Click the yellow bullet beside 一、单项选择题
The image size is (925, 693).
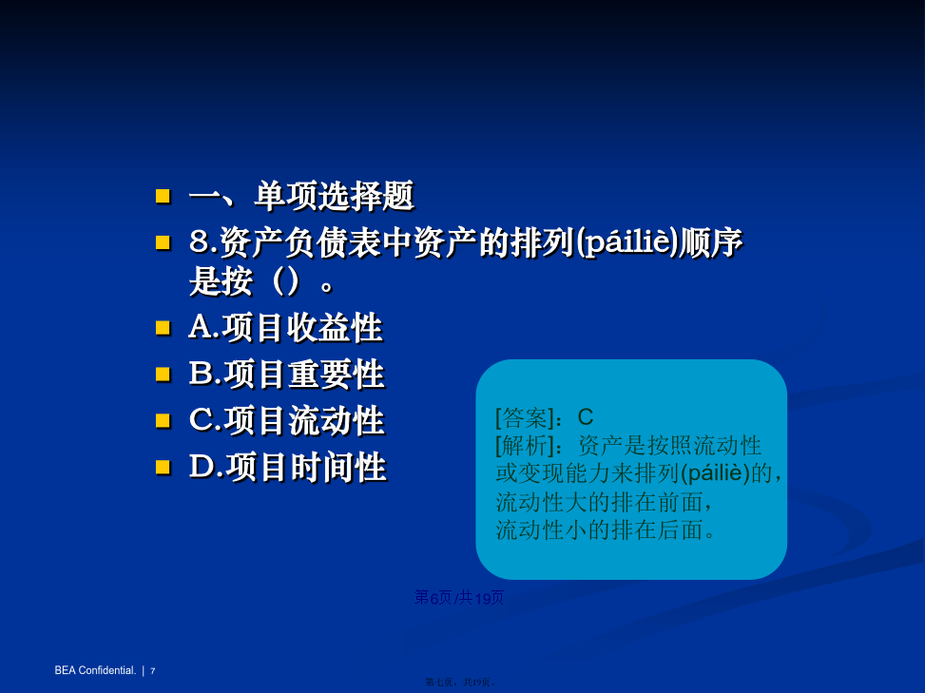coord(163,196)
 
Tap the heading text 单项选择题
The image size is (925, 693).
coord(335,196)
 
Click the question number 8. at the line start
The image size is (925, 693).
coord(202,241)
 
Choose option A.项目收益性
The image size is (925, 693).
coord(285,328)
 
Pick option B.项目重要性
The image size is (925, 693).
coord(287,374)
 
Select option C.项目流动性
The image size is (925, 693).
coord(287,420)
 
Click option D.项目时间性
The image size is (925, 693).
coord(288,467)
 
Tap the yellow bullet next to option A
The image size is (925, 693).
coord(163,328)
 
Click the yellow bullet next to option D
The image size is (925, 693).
coord(163,467)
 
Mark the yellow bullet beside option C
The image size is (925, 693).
coord(163,420)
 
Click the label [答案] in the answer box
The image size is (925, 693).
coord(525,417)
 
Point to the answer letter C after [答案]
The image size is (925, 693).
coord(586,417)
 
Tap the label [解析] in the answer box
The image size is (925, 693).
coord(525,445)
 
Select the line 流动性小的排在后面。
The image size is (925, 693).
coord(606,529)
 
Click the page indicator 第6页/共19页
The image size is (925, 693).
coord(459,597)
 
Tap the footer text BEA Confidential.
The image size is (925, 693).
coord(95,670)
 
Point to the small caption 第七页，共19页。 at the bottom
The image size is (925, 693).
coord(461,682)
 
